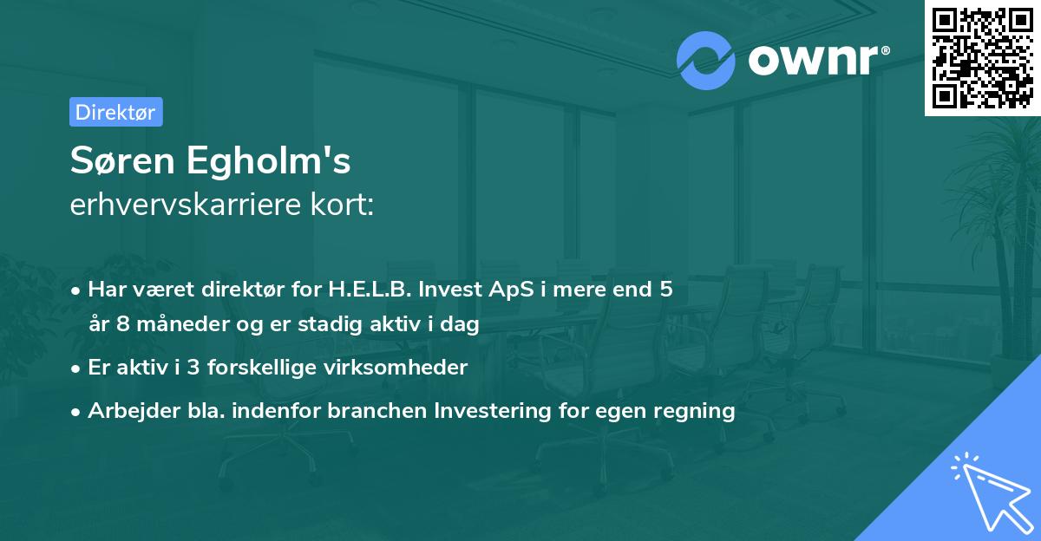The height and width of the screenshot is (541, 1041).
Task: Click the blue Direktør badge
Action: [x=116, y=112]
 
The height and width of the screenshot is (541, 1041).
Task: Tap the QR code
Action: [x=982, y=57]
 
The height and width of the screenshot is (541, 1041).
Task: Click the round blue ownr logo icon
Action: [x=705, y=61]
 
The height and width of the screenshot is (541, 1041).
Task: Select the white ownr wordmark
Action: [x=814, y=60]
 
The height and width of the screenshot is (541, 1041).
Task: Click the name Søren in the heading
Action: [x=122, y=160]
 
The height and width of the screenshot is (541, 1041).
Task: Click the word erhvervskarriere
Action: [x=186, y=205]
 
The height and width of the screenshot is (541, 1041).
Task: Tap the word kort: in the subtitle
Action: [x=342, y=205]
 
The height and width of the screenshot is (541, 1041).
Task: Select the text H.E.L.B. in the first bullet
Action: [x=370, y=290]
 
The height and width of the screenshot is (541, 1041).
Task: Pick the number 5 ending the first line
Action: [x=666, y=290]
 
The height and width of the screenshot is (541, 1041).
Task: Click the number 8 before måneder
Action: [x=122, y=323]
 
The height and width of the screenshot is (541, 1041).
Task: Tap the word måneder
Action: [x=183, y=323]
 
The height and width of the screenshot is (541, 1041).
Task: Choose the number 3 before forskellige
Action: [x=193, y=368]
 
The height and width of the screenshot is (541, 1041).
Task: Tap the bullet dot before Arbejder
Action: [x=75, y=412]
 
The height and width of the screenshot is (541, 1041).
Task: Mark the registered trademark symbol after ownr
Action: [x=885, y=50]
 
